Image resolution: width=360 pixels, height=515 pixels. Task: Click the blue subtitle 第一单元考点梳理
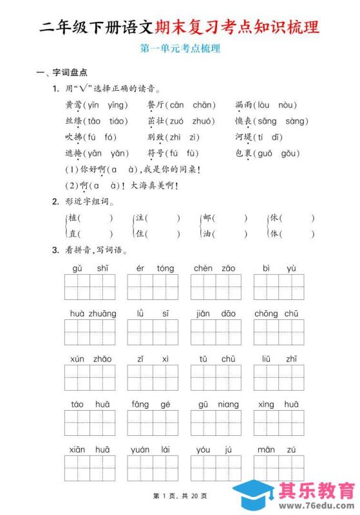[180, 48]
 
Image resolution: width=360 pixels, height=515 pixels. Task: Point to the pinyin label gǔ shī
[90, 268]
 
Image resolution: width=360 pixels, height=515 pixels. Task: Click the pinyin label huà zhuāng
[90, 314]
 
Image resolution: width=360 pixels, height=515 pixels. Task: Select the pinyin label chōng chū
[279, 314]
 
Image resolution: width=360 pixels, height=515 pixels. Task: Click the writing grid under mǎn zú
[279, 468]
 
